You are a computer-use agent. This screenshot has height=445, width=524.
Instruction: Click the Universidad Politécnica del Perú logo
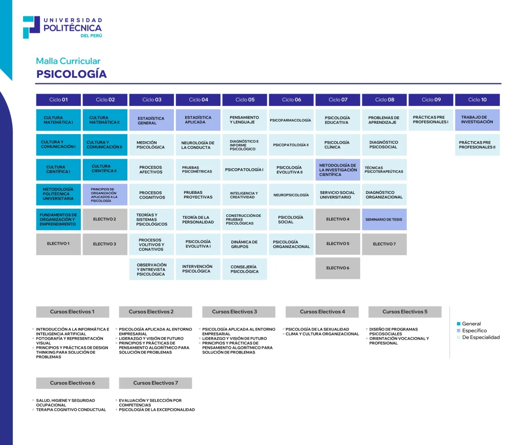pos(62,27)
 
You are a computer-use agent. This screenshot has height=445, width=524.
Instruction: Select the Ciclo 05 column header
pos(245,100)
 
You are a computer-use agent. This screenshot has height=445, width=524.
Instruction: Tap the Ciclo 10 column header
pos(477,100)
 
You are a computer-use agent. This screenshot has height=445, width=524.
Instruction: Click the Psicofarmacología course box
pos(291,120)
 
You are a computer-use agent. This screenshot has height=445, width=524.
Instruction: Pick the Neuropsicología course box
pos(291,195)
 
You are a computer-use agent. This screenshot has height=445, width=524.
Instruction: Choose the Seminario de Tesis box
pos(384,219)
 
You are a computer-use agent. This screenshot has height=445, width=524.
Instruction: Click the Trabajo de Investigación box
pos(477,120)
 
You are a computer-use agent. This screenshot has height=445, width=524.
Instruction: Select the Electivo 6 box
pos(337,268)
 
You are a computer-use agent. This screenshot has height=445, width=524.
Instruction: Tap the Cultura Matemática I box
pos(58,120)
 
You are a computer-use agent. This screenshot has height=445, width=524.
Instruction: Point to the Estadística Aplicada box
pos(198,120)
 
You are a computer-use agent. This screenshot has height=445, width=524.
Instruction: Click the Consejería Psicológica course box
pos(245,269)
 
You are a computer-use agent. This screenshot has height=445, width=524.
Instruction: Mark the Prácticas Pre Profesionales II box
pos(477,145)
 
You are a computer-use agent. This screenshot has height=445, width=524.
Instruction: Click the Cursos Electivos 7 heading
pos(156,383)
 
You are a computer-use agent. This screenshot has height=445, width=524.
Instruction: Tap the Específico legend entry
pos(474,330)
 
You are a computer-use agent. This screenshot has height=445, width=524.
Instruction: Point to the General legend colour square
pos(458,324)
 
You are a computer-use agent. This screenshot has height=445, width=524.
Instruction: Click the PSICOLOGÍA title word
pos(71,74)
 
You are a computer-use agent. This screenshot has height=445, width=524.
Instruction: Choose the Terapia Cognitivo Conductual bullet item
pos(71,410)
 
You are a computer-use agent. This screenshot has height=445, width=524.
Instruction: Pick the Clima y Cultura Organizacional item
pos(322,334)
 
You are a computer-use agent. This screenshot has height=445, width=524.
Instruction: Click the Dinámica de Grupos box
pos(245,244)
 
